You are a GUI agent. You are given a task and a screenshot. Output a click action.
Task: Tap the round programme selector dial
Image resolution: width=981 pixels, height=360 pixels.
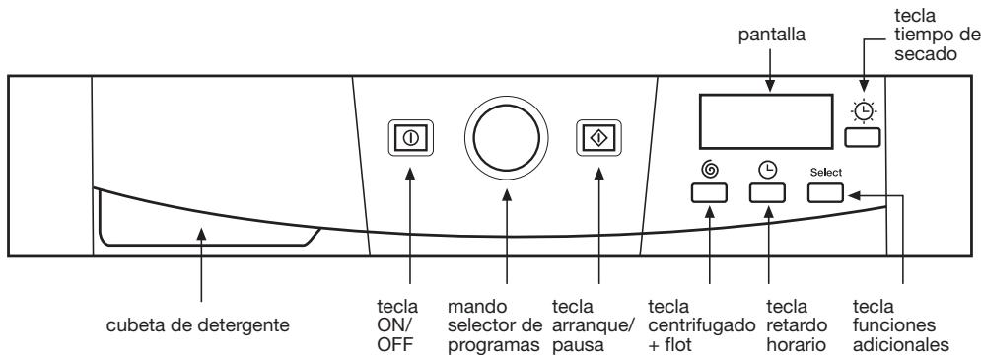click(507, 137)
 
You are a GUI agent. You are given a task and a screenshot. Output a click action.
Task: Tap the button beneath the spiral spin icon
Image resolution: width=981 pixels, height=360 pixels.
click(709, 192)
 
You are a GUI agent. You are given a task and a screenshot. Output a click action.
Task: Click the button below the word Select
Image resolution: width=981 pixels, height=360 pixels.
click(825, 192)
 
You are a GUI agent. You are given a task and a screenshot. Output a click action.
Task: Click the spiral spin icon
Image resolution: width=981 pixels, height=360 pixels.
click(709, 169)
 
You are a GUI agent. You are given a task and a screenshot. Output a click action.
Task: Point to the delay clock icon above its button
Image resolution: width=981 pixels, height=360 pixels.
click(767, 169)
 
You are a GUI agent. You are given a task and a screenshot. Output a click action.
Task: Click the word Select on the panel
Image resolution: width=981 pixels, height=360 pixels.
click(825, 172)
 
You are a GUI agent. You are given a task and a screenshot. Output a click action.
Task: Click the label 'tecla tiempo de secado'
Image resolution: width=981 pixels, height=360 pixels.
click(921, 34)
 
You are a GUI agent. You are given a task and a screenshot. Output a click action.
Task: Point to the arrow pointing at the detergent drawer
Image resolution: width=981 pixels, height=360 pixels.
click(201, 266)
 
